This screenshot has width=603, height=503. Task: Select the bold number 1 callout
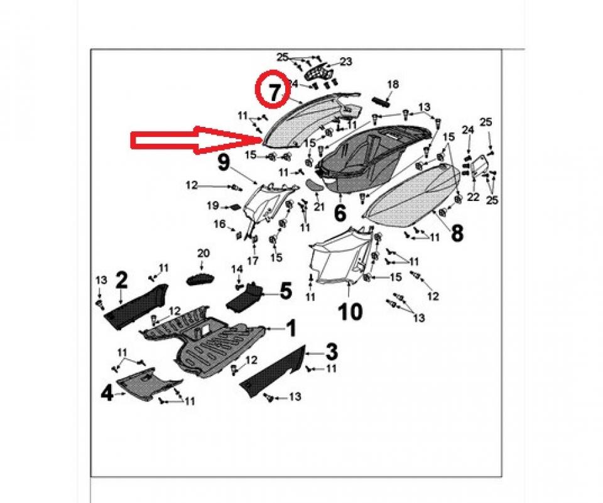click(x=291, y=327)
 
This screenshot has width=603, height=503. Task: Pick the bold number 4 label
click(x=107, y=394)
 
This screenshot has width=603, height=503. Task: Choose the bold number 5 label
click(x=286, y=290)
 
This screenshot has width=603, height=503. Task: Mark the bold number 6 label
click(x=340, y=213)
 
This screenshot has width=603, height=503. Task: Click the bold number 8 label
click(x=457, y=233)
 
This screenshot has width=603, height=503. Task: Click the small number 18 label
click(x=393, y=84)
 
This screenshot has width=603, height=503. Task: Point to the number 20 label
click(x=202, y=253)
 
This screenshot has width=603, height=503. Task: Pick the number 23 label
click(x=346, y=62)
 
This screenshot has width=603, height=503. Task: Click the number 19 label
click(x=213, y=205)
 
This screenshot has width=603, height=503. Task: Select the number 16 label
click(x=219, y=224)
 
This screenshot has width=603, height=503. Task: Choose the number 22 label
click(x=473, y=197)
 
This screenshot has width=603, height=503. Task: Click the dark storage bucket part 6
click(x=358, y=160)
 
